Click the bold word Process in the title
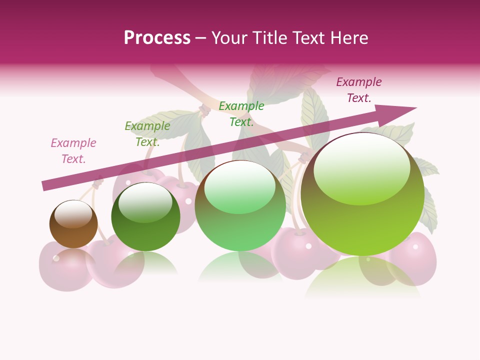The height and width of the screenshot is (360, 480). [x=157, y=37]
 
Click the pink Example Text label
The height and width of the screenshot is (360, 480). [x=73, y=151]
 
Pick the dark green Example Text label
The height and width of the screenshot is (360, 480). [x=147, y=134]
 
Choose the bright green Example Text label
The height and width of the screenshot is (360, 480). [x=241, y=114]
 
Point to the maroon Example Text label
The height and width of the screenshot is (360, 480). [x=359, y=90]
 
